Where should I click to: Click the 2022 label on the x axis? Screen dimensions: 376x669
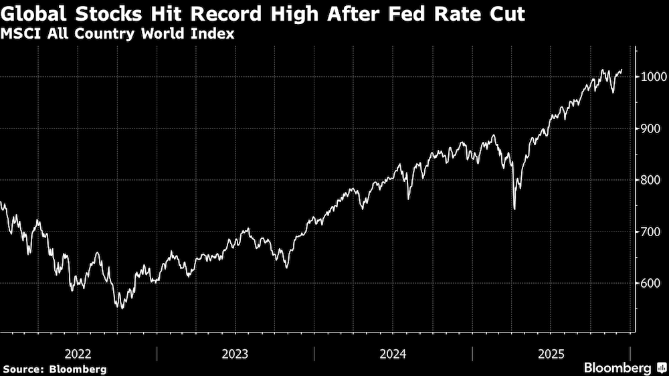click(x=78, y=353)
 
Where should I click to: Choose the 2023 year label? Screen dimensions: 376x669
click(x=235, y=353)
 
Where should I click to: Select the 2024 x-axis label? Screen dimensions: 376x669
click(x=393, y=353)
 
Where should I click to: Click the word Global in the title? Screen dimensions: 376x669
click(x=35, y=13)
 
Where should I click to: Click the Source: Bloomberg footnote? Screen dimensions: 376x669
click(x=54, y=369)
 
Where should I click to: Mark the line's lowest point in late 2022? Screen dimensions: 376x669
click(x=120, y=308)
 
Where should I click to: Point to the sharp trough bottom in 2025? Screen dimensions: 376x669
click(x=514, y=209)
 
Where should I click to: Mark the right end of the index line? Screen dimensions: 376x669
click(x=622, y=70)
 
